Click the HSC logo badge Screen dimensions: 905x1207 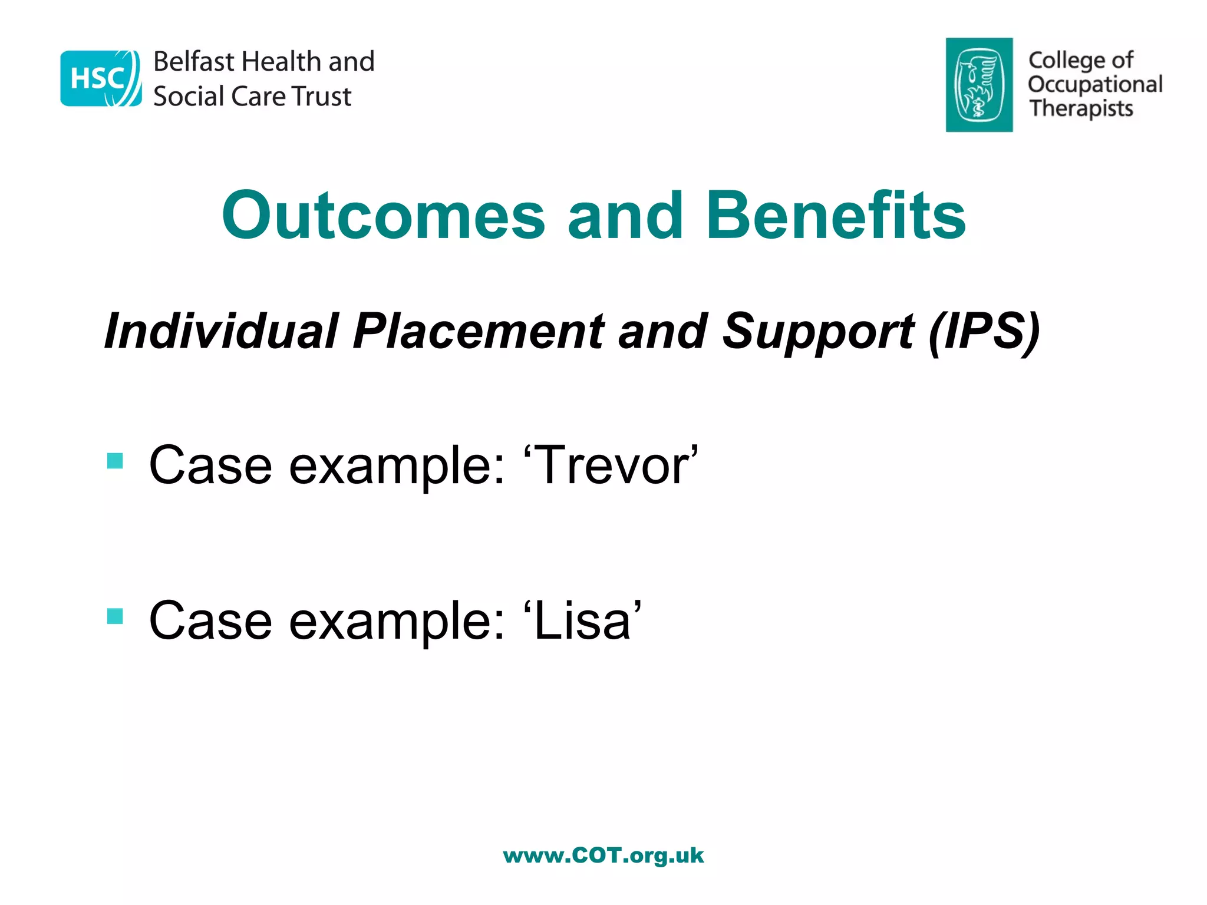pyautogui.click(x=101, y=78)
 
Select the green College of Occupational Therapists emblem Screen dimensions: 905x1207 pyautogui.click(x=979, y=85)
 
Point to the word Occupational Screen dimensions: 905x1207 pyautogui.click(x=1095, y=84)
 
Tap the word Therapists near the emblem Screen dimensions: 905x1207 pyautogui.click(x=1081, y=108)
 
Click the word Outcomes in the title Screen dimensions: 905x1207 pyautogui.click(x=384, y=216)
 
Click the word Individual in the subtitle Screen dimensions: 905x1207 pyautogui.click(x=222, y=331)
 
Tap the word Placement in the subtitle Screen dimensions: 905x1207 pyautogui.click(x=478, y=331)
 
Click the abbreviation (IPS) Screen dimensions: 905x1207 pyautogui.click(x=984, y=331)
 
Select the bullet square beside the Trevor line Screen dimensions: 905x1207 pyautogui.click(x=115, y=461)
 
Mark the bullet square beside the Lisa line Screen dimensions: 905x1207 pyautogui.click(x=115, y=616)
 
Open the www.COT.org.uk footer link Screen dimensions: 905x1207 pyautogui.click(x=603, y=855)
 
